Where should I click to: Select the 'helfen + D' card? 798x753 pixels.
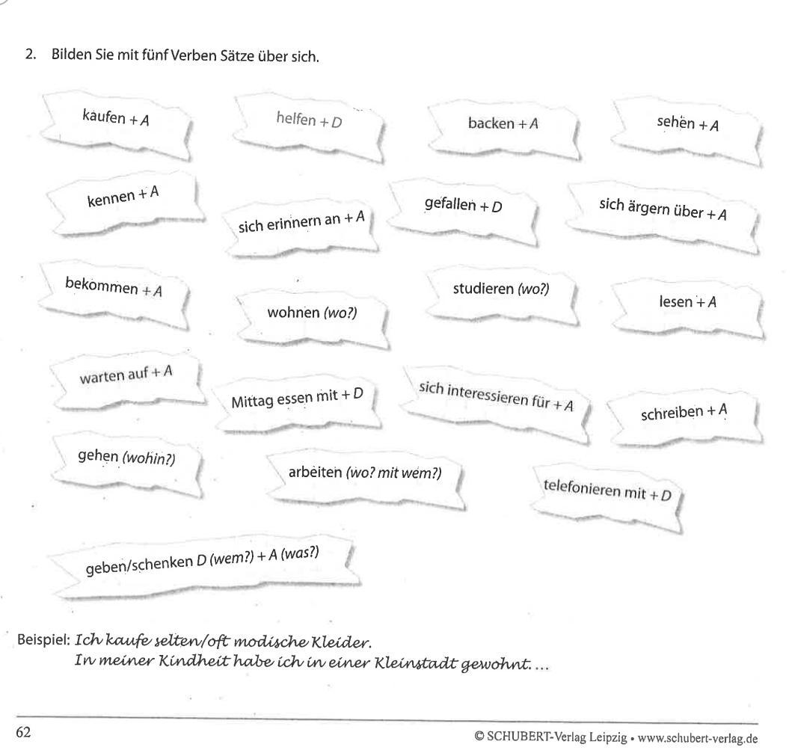308,120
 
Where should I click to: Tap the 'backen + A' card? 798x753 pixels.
503,123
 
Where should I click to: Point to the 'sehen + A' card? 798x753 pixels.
687,124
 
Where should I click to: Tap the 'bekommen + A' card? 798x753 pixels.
113,289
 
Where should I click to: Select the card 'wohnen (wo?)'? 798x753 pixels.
312,312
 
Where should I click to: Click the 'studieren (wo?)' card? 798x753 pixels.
500,289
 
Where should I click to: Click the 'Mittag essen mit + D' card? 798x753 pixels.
297,399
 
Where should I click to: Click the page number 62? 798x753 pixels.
24,734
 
